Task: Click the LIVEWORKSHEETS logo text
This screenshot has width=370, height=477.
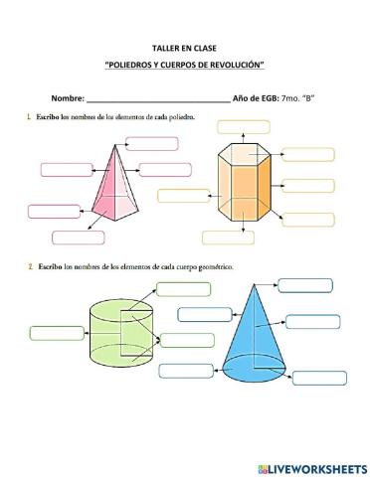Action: (x=317, y=464)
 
